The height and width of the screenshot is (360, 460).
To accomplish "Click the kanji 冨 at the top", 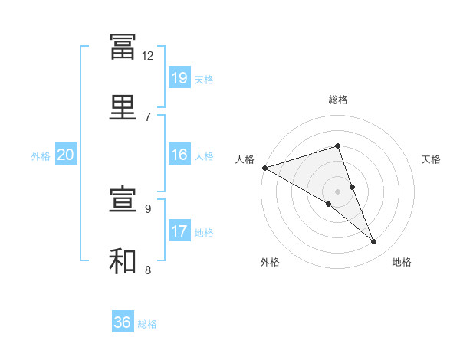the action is point(123,47).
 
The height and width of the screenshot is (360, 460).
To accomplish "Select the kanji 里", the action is point(123,107).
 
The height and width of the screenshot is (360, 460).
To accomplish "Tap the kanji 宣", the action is point(123,198).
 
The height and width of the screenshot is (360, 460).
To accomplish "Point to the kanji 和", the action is point(123,260).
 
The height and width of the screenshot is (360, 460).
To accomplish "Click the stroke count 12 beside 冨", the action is point(147,56).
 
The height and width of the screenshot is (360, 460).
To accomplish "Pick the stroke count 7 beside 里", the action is point(148,117).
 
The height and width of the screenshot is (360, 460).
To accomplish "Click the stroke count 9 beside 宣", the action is point(148,209).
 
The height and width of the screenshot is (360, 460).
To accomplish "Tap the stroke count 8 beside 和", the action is point(148,270).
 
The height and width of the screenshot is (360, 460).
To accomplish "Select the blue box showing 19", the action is point(179,77).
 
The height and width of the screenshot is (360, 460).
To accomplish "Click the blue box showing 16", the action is point(179,154).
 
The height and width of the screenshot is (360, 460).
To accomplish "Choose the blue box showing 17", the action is point(179,230).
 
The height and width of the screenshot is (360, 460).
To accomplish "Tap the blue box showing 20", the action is point(66,154).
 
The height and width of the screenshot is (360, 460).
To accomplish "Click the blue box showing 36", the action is point(123,321).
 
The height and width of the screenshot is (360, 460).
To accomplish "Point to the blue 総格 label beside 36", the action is point(147,324).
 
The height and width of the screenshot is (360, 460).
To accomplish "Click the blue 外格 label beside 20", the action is point(41,156).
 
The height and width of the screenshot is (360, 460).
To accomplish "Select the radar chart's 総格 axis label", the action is point(338,100).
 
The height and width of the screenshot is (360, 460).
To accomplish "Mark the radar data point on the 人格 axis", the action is point(265,168).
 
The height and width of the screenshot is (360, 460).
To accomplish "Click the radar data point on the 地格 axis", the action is point(373,241).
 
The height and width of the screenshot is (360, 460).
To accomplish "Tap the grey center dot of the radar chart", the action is point(337,191).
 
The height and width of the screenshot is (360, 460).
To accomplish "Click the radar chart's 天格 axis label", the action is point(431,159).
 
